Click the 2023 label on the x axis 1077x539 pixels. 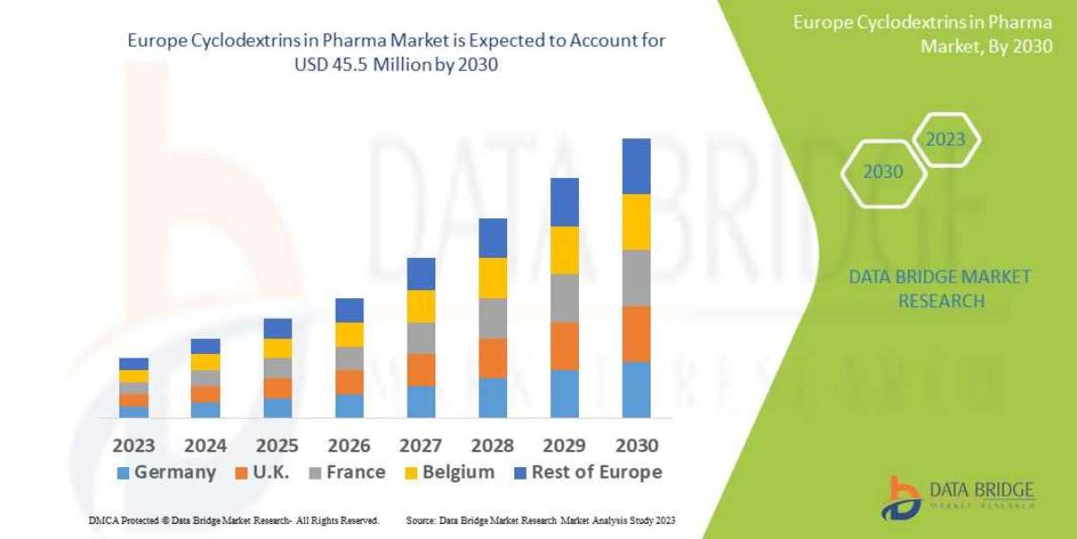coord(133,445)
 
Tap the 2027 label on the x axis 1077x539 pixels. coord(420,445)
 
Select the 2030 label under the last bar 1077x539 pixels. coord(635,445)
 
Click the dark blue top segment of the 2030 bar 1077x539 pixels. coord(635,166)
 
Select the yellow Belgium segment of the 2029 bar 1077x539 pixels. coord(565,250)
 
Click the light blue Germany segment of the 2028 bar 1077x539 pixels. coord(493,397)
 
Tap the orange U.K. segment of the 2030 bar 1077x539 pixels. coord(635,333)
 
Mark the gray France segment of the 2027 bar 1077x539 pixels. coord(421,338)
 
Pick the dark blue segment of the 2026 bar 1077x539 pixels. coord(349,310)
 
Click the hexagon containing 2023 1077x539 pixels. coord(945,140)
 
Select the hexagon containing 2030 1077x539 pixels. coord(883,172)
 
